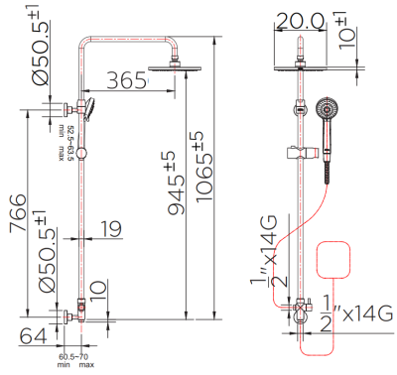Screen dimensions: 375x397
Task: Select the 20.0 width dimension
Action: click(x=299, y=21)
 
